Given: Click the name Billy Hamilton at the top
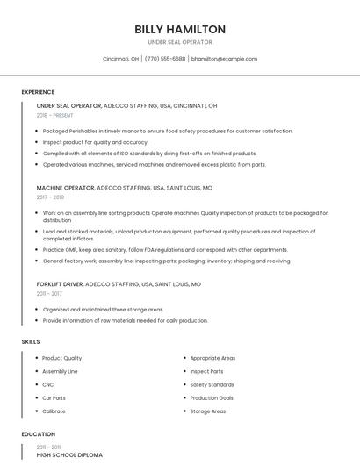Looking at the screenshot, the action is pyautogui.click(x=180, y=29).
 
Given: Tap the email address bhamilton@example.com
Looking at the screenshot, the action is pyautogui.click(x=224, y=59).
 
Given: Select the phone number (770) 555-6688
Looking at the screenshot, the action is pyautogui.click(x=165, y=59).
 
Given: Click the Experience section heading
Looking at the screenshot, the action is pyautogui.click(x=38, y=92).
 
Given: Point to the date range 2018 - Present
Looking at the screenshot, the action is pyautogui.click(x=55, y=115).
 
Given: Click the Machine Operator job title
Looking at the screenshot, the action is pyautogui.click(x=65, y=188).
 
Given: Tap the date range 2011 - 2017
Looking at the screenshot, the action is pyautogui.click(x=49, y=294).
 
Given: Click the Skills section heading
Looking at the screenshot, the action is pyautogui.click(x=31, y=341).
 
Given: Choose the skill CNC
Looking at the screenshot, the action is pyautogui.click(x=48, y=384).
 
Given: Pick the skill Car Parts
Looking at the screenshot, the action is pyautogui.click(x=54, y=397).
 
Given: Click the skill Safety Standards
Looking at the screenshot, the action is pyautogui.click(x=212, y=384).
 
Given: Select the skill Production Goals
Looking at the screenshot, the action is pyautogui.click(x=212, y=397).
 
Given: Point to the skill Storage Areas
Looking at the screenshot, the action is pyautogui.click(x=208, y=411).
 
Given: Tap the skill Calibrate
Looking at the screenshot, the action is pyautogui.click(x=54, y=411).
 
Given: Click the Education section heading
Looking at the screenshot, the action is pyautogui.click(x=38, y=434).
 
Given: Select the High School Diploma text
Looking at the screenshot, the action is pyautogui.click(x=69, y=455).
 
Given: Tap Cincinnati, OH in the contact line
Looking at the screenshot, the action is pyautogui.click(x=120, y=59).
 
